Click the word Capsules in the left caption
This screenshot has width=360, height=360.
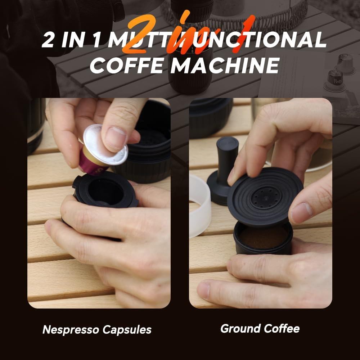click(129, 329)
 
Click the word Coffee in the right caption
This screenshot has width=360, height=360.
click(282, 328)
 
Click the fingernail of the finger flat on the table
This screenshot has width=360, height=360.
click(204, 290)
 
